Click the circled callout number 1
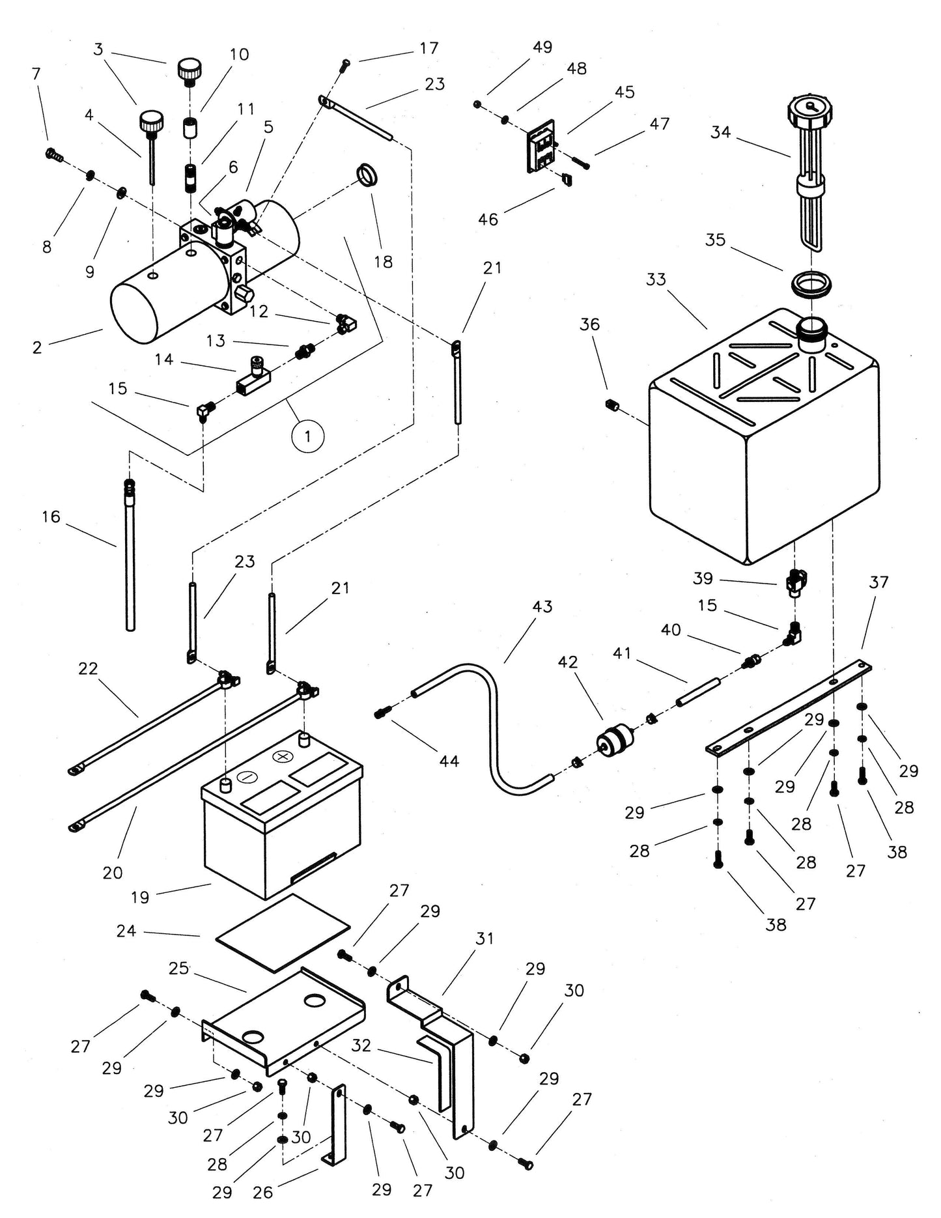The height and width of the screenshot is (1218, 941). coord(307,435)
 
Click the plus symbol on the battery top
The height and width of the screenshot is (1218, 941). coord(282,757)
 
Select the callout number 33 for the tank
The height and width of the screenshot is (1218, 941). coord(656,279)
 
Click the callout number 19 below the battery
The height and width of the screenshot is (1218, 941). coord(140,898)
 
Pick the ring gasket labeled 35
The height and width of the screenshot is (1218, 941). coord(811,284)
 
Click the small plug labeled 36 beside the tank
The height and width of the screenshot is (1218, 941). coord(611,406)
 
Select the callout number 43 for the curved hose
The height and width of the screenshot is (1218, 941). coord(542,606)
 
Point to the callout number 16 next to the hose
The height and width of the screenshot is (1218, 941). coord(51,517)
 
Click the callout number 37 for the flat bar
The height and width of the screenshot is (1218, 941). coord(878,582)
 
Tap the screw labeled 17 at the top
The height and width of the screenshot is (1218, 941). coord(346,63)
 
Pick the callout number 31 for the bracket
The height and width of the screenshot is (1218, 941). coord(485,939)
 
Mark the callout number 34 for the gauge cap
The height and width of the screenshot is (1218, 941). coord(720,132)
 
